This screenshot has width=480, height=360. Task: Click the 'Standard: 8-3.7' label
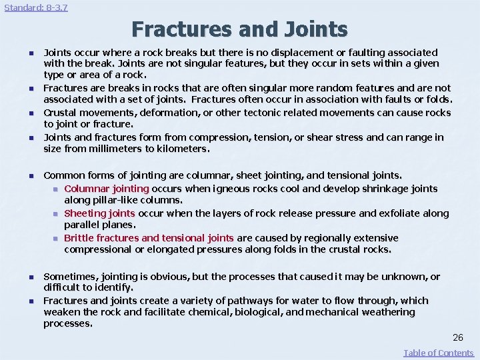[x=36, y=8]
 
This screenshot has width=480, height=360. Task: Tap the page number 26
[x=457, y=337]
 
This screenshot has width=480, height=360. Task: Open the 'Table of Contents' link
[x=439, y=353]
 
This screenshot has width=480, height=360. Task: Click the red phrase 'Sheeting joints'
[x=99, y=213]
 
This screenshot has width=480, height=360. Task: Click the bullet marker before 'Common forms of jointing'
[x=30, y=176]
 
